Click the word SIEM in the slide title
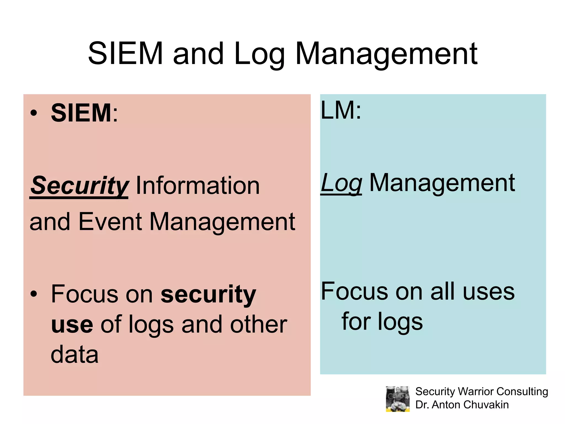pos(126,53)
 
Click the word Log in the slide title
pos(259,54)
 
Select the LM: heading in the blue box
pos(341,110)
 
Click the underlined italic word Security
pos(79,185)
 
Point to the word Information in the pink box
pos(198,185)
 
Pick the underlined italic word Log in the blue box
pos(341,183)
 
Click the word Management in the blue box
pos(442,183)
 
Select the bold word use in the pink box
pos(72,324)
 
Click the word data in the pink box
pos(74,354)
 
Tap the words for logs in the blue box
pos(382,321)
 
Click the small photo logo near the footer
pos(398,399)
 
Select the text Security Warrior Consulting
pos(481,391)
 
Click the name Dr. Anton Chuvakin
pos(462,405)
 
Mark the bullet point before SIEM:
pos(34,113)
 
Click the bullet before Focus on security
pos(34,294)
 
